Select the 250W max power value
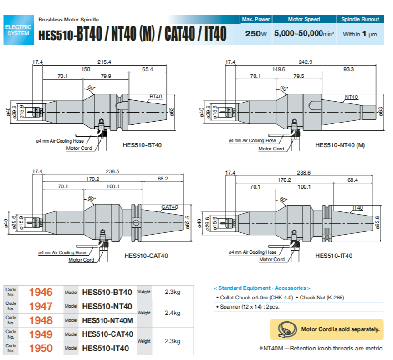(x=255, y=34)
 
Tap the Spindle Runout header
(x=360, y=19)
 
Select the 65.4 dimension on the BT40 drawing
(x=147, y=69)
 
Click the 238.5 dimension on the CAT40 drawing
(x=112, y=171)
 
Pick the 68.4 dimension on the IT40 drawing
(x=352, y=180)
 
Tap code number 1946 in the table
(x=41, y=292)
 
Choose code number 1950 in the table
(x=41, y=348)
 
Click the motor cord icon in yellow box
(x=285, y=329)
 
